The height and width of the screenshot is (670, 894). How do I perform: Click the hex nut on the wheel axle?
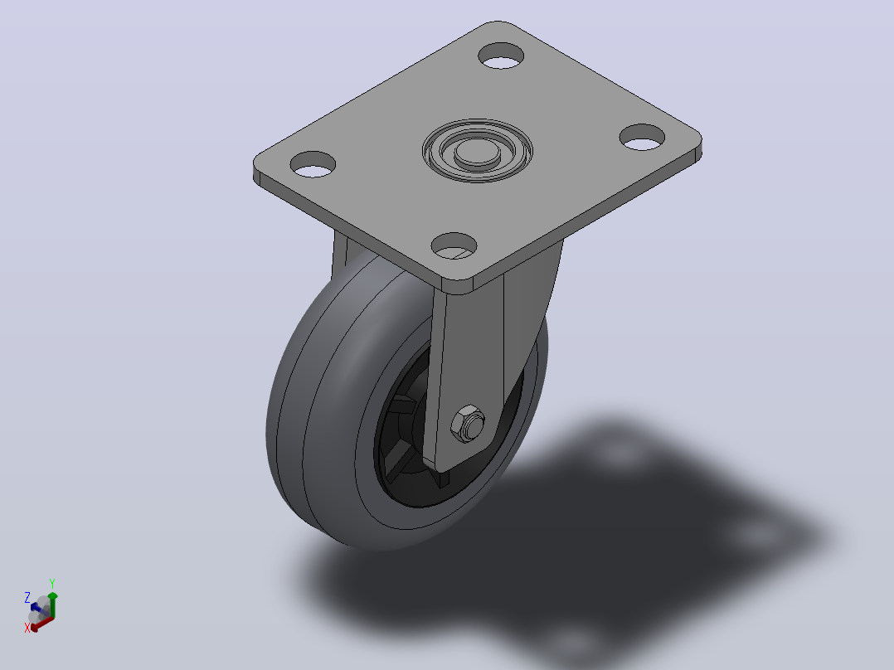[x=468, y=424]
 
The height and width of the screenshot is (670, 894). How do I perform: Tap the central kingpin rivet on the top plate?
[x=477, y=153]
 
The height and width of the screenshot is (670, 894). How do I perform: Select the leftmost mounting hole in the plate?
[x=313, y=164]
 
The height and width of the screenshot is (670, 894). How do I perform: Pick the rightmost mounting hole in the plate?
[x=643, y=138]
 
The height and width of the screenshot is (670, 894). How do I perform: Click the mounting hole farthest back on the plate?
[x=501, y=56]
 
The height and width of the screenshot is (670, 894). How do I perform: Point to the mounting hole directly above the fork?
[x=454, y=245]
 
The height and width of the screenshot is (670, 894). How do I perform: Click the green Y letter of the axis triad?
[x=52, y=584]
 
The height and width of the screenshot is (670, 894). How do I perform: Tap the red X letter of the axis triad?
[x=27, y=628]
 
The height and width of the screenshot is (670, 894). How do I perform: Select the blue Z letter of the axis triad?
[x=27, y=598]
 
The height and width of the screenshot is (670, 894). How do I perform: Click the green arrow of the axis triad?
[x=52, y=604]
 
